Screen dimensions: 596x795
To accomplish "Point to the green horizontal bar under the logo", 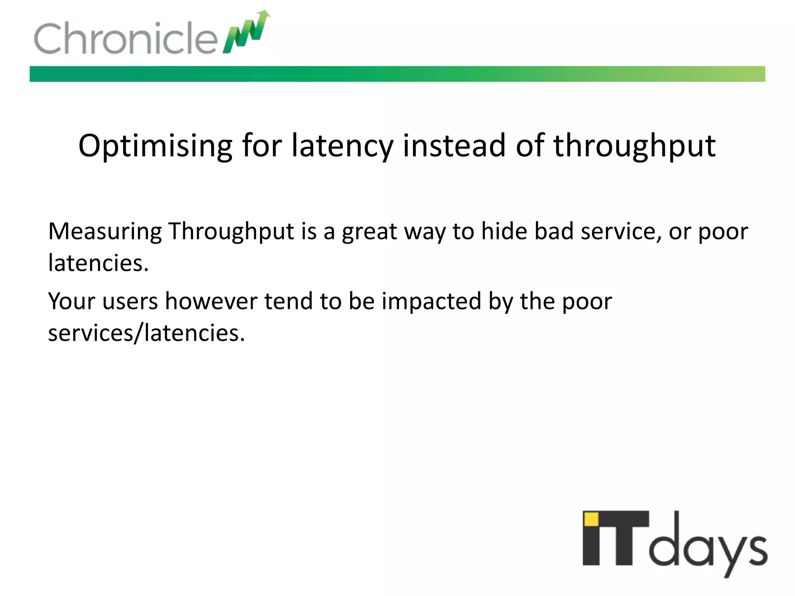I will click(x=397, y=74).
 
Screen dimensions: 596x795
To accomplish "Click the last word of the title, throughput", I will click(x=634, y=146).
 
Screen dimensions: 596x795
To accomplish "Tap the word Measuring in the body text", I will click(x=105, y=232).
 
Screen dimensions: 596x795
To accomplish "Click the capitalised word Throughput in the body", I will click(x=231, y=232).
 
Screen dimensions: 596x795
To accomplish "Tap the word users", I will click(x=130, y=302).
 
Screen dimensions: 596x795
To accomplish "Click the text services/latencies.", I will click(x=146, y=333).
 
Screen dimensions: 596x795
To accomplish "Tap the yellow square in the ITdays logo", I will click(x=591, y=519).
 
